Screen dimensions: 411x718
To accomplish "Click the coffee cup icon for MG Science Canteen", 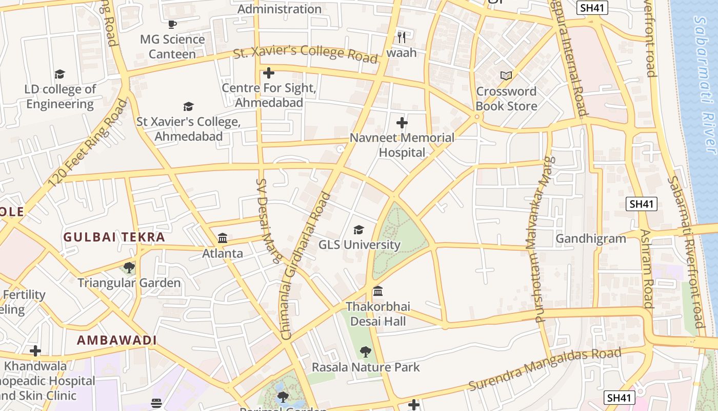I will tap(172, 24).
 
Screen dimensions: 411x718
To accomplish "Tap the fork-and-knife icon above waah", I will tap(402, 37).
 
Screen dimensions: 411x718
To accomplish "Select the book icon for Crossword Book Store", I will tap(506, 76).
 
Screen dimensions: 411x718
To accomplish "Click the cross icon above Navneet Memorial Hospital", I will tap(402, 123).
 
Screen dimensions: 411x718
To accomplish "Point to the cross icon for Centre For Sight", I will tap(268, 72).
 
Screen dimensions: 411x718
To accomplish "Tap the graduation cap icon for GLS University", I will tap(359, 230).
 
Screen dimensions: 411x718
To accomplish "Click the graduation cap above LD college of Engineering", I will tap(60, 74).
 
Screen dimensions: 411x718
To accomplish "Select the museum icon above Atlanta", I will tap(223, 238).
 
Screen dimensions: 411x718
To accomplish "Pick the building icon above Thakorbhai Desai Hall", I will tap(378, 291).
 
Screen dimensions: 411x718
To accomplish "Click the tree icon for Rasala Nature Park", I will tap(366, 351).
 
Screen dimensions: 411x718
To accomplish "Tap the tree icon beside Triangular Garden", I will tap(129, 268).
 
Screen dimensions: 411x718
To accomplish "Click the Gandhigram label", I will tap(591, 238).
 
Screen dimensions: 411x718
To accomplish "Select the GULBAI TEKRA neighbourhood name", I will tap(114, 237).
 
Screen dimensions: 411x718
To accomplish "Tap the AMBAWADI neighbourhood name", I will tap(117, 340).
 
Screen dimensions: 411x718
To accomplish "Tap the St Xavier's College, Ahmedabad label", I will tap(188, 129).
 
